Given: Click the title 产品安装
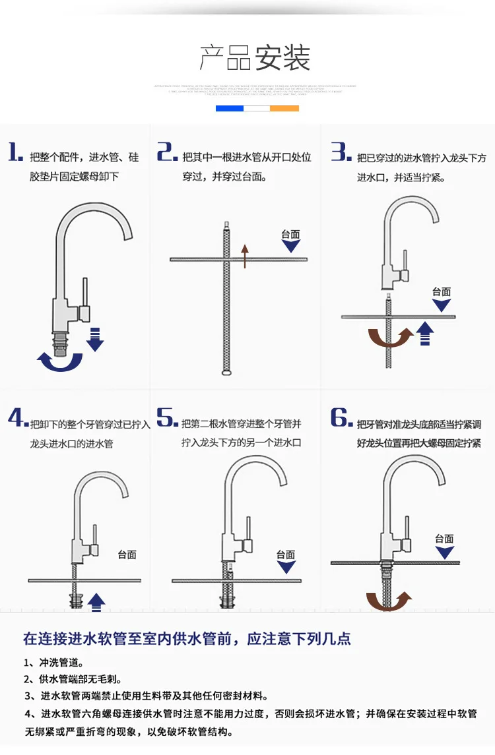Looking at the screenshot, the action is (x=255, y=59).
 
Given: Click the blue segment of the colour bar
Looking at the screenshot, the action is (x=230, y=107).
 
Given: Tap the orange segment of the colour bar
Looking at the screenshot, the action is (x=284, y=107).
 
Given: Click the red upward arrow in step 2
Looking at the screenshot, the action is (x=245, y=256).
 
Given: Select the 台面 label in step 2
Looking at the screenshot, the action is (x=290, y=234).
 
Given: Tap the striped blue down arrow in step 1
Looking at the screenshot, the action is (x=96, y=338).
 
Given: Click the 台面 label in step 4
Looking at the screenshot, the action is (x=127, y=555).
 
